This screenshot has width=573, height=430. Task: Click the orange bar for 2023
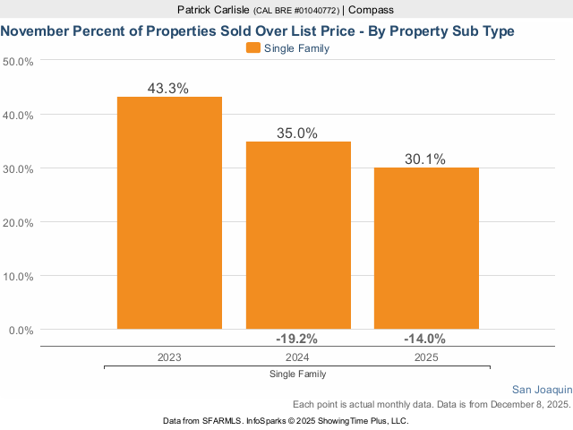click(x=169, y=213)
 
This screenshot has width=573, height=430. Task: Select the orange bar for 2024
click(x=298, y=236)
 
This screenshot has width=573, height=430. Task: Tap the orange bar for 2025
click(x=426, y=248)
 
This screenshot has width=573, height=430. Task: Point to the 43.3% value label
click(x=169, y=89)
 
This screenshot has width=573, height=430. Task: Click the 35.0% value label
click(x=298, y=133)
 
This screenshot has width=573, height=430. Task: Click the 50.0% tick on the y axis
click(x=19, y=62)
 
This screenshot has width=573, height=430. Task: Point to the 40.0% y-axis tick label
click(x=19, y=116)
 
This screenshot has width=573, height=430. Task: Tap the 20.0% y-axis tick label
click(x=19, y=223)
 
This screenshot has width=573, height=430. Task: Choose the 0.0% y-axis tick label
click(x=21, y=331)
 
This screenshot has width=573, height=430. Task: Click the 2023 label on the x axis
click(x=169, y=357)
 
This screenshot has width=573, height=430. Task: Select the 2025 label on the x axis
click(x=426, y=357)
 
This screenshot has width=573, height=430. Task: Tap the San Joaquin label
click(x=541, y=390)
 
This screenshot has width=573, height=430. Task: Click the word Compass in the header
click(x=372, y=10)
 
